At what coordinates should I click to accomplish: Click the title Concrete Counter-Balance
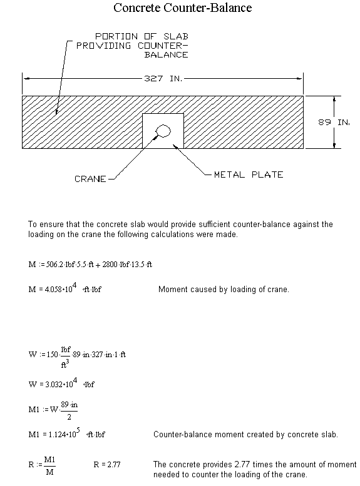[x=182, y=8]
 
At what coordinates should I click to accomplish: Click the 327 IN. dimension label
[x=163, y=78]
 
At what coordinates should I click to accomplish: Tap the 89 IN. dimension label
[x=334, y=122]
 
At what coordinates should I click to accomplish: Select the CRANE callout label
[x=90, y=179]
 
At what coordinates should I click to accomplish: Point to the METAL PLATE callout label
[x=249, y=175]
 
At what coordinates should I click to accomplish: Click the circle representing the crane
[x=163, y=131]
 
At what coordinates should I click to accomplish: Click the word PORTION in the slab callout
[x=116, y=36]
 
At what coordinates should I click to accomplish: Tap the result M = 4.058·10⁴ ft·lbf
[x=65, y=288]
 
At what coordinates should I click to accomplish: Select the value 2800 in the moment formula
[x=110, y=265]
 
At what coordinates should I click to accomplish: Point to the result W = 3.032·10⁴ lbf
[x=61, y=383]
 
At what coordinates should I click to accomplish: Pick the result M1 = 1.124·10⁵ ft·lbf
[x=67, y=433]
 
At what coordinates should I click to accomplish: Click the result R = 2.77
[x=107, y=464]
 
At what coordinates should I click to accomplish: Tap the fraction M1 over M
[x=49, y=465]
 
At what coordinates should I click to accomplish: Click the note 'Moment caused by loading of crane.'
[x=224, y=289]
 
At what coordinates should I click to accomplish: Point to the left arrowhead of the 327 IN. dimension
[x=26, y=78]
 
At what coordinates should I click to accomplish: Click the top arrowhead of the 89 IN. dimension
[x=334, y=99]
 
